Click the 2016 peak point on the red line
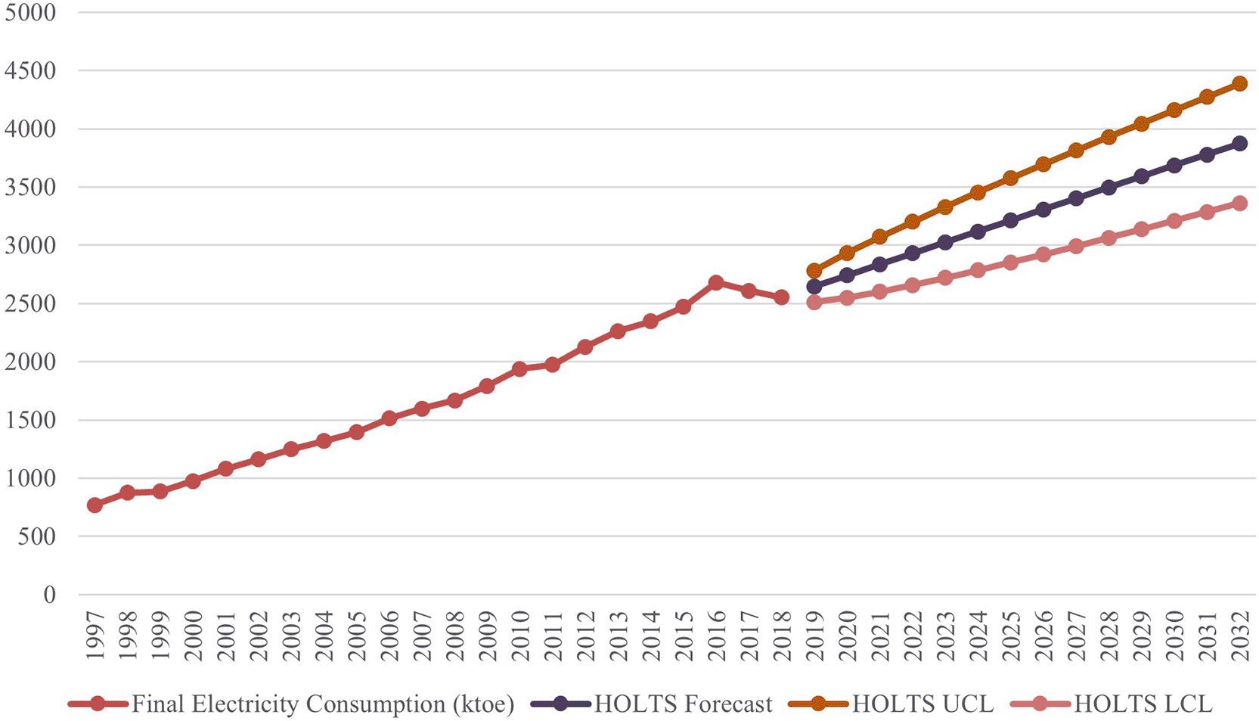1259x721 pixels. [716, 283]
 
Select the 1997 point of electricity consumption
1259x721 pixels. [95, 505]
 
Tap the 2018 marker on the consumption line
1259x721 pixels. [781, 297]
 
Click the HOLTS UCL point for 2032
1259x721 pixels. [1239, 83]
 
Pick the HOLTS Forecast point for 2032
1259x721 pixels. [1239, 143]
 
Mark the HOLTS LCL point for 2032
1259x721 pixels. [1239, 203]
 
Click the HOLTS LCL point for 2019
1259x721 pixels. [814, 302]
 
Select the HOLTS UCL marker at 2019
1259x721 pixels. [814, 271]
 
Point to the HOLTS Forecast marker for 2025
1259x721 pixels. [1010, 220]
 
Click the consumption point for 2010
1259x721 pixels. [519, 369]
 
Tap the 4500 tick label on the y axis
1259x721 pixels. [30, 71]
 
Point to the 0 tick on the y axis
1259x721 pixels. [49, 595]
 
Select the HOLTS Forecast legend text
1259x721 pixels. [683, 704]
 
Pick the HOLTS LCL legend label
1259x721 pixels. [1143, 704]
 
